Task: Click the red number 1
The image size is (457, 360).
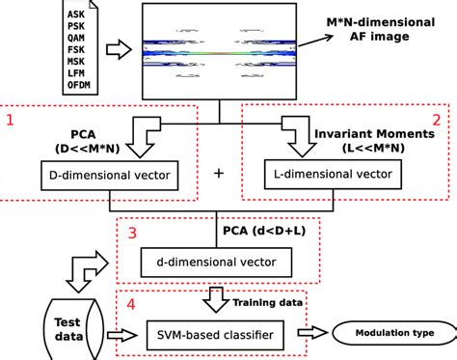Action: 10,120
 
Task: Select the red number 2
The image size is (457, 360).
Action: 436,120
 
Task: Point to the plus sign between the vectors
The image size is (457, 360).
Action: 218,174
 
